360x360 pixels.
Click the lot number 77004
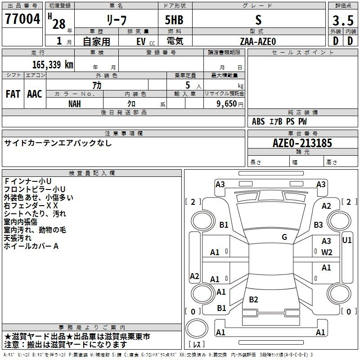coord(22,19)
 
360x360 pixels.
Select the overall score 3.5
coord(343,20)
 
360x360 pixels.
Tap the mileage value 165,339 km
coord(53,64)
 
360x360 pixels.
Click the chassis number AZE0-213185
coord(302,143)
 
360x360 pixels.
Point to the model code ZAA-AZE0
coord(258,41)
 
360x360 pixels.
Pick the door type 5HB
coord(174,20)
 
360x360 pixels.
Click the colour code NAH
coord(75,104)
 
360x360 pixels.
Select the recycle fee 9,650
coord(227,103)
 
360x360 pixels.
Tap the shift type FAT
coord(13,94)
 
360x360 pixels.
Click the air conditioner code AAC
coord(35,94)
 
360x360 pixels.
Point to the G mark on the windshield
coord(284,237)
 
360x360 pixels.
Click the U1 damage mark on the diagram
coord(346,240)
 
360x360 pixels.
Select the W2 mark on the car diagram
coord(327,252)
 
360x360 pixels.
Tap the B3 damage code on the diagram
coord(318,225)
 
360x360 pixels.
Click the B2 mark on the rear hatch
coord(253,299)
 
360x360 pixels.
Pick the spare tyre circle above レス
coord(197,328)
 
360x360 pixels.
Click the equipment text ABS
coord(258,121)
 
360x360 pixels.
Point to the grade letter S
coord(258,20)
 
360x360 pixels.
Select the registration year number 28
coord(59,24)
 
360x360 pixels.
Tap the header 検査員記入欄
coord(92,173)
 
